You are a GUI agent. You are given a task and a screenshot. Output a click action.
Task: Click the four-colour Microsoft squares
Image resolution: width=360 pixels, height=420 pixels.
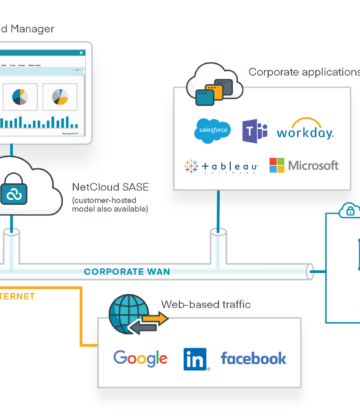click(x=277, y=166)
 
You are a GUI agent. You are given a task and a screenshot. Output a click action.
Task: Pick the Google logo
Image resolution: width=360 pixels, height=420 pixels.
click(x=140, y=358)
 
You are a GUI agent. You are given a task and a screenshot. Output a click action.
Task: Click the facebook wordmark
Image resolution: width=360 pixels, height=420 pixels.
click(x=253, y=358)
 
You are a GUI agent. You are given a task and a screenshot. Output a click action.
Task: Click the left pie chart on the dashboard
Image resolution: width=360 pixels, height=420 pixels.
click(x=20, y=97)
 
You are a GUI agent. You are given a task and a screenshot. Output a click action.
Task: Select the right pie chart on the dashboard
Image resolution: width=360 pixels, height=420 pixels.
click(x=59, y=97)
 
